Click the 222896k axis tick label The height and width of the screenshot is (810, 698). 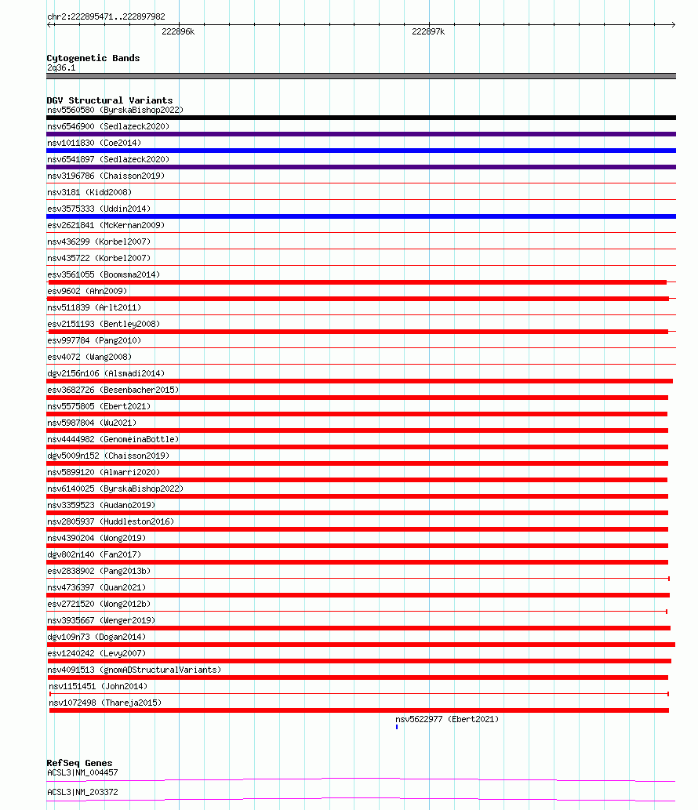pyautogui.click(x=178, y=31)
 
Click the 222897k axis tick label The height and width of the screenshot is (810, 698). pyautogui.click(x=428, y=31)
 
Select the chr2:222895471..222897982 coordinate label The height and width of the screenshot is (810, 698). pyautogui.click(x=106, y=16)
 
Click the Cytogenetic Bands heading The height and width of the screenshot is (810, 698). pyautogui.click(x=93, y=58)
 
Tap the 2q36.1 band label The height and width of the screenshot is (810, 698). pyautogui.click(x=61, y=67)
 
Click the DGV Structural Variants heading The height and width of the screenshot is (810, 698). pyautogui.click(x=109, y=100)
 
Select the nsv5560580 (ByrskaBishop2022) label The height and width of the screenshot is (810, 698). pyautogui.click(x=115, y=110)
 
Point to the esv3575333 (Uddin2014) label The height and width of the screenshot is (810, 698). pyautogui.click(x=99, y=209)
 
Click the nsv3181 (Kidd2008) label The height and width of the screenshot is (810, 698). pyautogui.click(x=89, y=192)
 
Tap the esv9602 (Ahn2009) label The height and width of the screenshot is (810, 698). pyautogui.click(x=87, y=291)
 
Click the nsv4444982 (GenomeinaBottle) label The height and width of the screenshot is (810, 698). pyautogui.click(x=113, y=439)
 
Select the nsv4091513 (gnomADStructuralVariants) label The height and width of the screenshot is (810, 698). pyautogui.click(x=134, y=670)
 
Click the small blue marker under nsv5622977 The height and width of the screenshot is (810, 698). pyautogui.click(x=397, y=727)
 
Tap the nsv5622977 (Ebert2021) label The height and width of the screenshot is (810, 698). pyautogui.click(x=446, y=719)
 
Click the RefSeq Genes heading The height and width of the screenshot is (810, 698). pyautogui.click(x=79, y=763)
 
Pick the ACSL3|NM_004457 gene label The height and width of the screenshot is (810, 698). pyautogui.click(x=82, y=772)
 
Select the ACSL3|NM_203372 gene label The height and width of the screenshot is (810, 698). pyautogui.click(x=82, y=792)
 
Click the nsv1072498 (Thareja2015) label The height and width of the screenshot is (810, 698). pyautogui.click(x=105, y=703)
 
